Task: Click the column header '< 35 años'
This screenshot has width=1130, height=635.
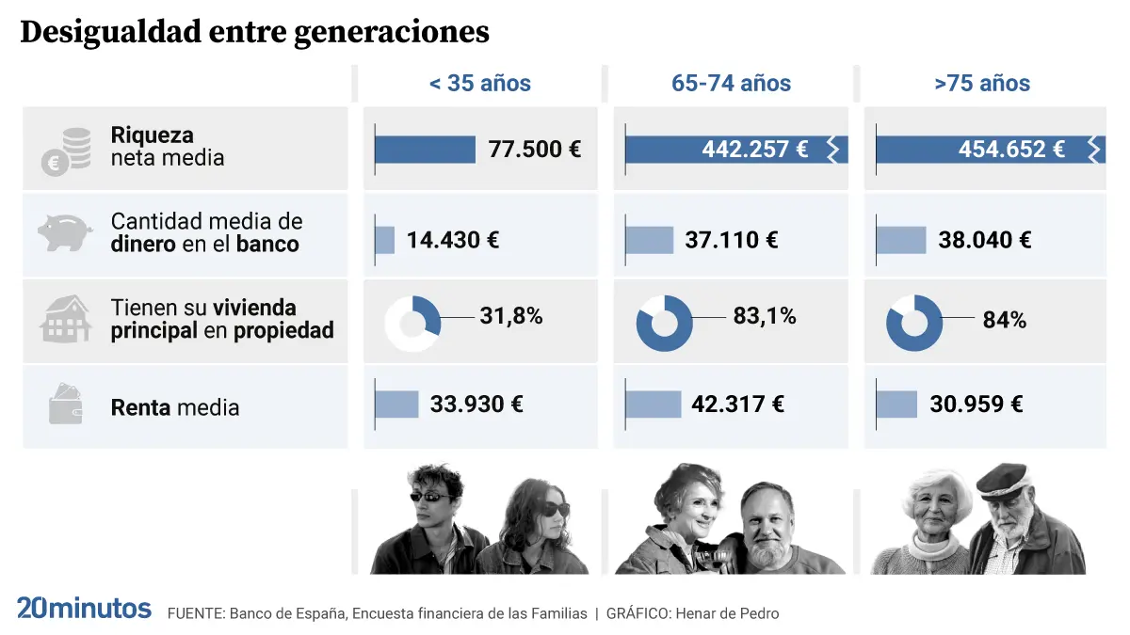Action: (x=479, y=83)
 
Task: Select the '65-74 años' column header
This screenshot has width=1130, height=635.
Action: (x=731, y=83)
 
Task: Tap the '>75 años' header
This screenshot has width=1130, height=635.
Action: (x=982, y=83)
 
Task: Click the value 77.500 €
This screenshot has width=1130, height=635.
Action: (x=534, y=149)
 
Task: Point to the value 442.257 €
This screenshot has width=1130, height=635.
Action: (x=754, y=149)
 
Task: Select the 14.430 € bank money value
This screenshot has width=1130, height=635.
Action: (x=452, y=239)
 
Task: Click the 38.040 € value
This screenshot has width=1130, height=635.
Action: (x=984, y=239)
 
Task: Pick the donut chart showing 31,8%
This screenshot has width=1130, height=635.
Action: (x=412, y=324)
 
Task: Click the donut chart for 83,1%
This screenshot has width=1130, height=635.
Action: (x=665, y=324)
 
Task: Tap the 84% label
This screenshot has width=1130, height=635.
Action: (x=1004, y=320)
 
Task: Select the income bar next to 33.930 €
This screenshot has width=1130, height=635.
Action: (x=396, y=404)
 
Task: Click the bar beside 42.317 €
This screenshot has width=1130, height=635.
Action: (x=654, y=404)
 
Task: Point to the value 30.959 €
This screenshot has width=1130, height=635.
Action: (x=976, y=404)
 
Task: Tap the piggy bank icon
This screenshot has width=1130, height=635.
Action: (x=65, y=232)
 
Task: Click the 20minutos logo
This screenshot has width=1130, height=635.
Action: (x=84, y=609)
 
